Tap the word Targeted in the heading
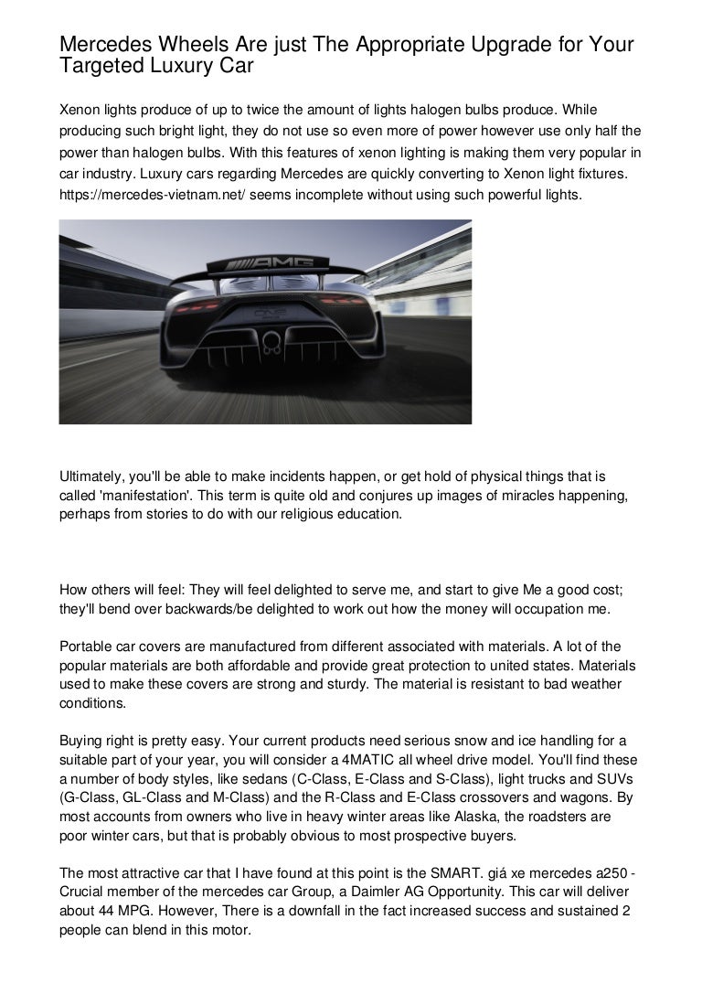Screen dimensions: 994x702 click(99, 67)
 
